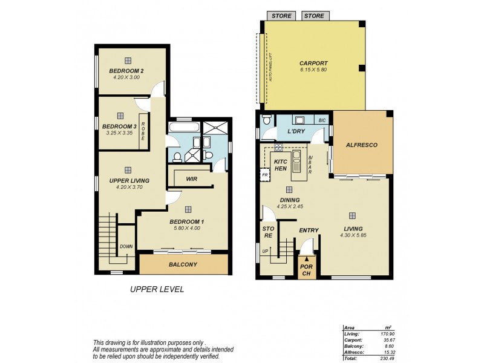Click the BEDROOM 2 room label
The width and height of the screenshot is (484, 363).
[x=126, y=71]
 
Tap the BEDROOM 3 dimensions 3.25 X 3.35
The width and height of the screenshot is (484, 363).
[x=119, y=132]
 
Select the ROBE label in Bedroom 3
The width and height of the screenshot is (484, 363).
[x=143, y=131]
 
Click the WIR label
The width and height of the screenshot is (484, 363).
[x=192, y=179]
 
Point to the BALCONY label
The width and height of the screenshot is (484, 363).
[x=183, y=264]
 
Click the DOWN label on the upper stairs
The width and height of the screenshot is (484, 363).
[x=126, y=246]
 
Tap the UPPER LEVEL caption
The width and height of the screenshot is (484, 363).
[x=157, y=290]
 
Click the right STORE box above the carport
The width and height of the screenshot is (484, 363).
[x=314, y=16]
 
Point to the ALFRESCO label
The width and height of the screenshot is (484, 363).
[x=361, y=145]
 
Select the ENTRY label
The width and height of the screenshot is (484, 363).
[x=309, y=231]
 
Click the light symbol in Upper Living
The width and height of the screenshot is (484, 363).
[x=128, y=170]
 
